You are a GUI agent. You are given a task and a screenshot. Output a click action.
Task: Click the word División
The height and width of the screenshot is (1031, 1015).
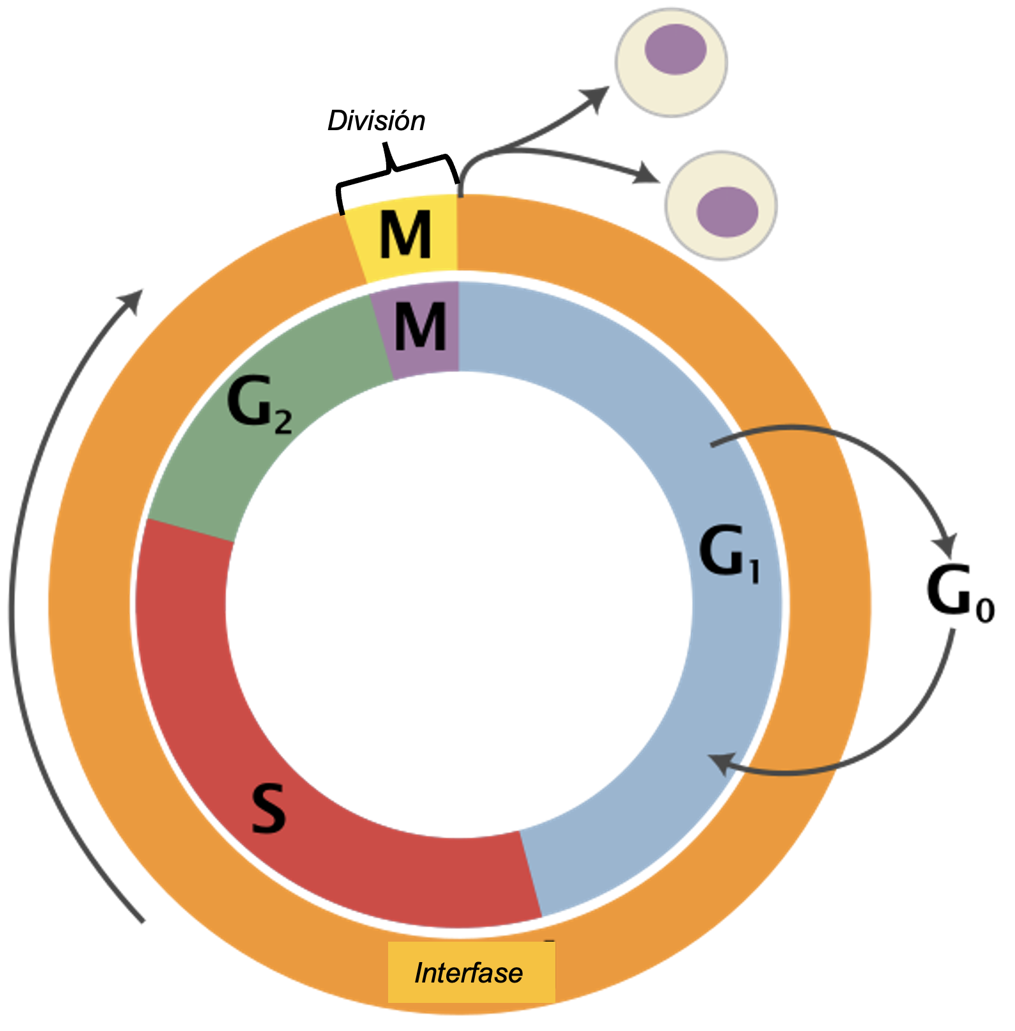[376, 121]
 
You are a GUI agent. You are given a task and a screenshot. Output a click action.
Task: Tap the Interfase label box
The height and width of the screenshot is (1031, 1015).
[471, 972]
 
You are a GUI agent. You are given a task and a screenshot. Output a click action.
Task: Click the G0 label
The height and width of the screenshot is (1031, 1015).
[960, 593]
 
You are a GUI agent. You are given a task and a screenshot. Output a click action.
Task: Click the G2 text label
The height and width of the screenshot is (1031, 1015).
[259, 406]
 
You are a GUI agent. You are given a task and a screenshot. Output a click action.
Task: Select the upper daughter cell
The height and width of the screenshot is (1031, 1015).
[672, 62]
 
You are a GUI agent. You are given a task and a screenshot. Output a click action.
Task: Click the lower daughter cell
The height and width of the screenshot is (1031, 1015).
[721, 205]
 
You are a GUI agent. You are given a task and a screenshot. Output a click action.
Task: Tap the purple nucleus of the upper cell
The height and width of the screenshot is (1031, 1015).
[675, 49]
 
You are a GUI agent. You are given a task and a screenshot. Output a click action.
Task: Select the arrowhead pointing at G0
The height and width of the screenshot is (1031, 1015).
[946, 546]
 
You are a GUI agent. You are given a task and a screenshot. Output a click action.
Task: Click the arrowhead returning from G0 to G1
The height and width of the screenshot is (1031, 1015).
[720, 762]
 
